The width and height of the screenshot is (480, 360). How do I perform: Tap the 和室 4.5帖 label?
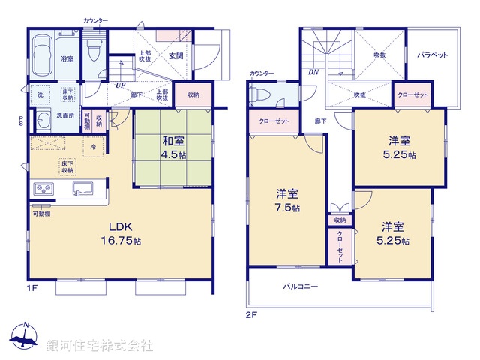tap(172, 144)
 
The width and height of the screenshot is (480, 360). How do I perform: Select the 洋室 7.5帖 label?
tap(286, 202)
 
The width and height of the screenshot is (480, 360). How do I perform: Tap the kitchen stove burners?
tap(43, 188)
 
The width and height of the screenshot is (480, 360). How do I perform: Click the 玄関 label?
tap(187, 56)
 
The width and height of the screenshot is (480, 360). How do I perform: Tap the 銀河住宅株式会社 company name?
tap(100, 346)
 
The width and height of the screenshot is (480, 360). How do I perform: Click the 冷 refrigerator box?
tap(93, 147)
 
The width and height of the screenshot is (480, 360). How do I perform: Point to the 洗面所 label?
tap(64, 115)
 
